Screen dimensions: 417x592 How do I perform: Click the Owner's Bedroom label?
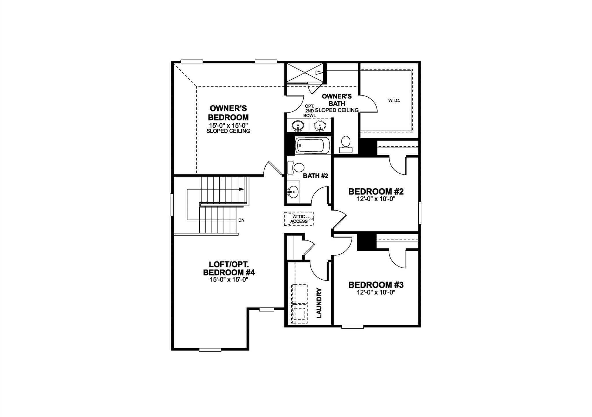coord(228,113)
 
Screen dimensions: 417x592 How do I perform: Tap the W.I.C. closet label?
coord(394,100)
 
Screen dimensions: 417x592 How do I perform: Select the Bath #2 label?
coord(315,176)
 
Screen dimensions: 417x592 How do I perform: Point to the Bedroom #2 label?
coord(376,192)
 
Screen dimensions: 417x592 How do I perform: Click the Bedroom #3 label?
coord(376,285)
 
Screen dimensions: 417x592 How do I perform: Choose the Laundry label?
coord(319,303)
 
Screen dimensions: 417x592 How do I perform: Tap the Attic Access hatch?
coord(299,219)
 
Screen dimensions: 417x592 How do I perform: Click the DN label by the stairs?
coord(241,220)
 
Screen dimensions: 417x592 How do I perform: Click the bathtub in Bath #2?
coord(312,146)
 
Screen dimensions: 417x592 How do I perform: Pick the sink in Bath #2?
coord(293,192)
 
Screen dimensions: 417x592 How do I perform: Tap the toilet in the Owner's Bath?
coord(346,144)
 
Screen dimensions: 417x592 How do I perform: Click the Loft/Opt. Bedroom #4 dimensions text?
coord(229,280)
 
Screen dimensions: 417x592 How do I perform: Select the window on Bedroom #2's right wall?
coord(420,213)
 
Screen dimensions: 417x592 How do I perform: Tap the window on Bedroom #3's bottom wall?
coord(352,327)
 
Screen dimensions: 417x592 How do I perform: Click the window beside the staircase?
coord(171,205)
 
